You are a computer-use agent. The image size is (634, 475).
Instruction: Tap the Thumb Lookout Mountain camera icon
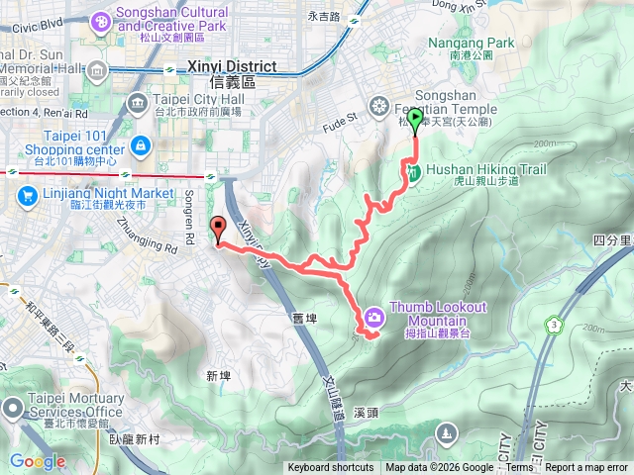pos(374,316)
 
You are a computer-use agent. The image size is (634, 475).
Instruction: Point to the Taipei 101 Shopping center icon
pos(140,147)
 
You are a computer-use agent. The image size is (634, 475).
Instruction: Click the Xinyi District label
pos(222,68)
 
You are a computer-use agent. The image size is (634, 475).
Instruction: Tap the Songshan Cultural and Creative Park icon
pos(101,20)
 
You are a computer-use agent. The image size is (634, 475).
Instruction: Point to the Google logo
pos(38,461)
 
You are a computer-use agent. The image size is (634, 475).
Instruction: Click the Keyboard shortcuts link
pos(331,468)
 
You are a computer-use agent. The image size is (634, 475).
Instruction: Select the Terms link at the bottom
pos(519,468)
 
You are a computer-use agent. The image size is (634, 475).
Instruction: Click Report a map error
pos(587,468)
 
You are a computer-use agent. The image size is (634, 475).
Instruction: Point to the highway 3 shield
pos(551,325)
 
